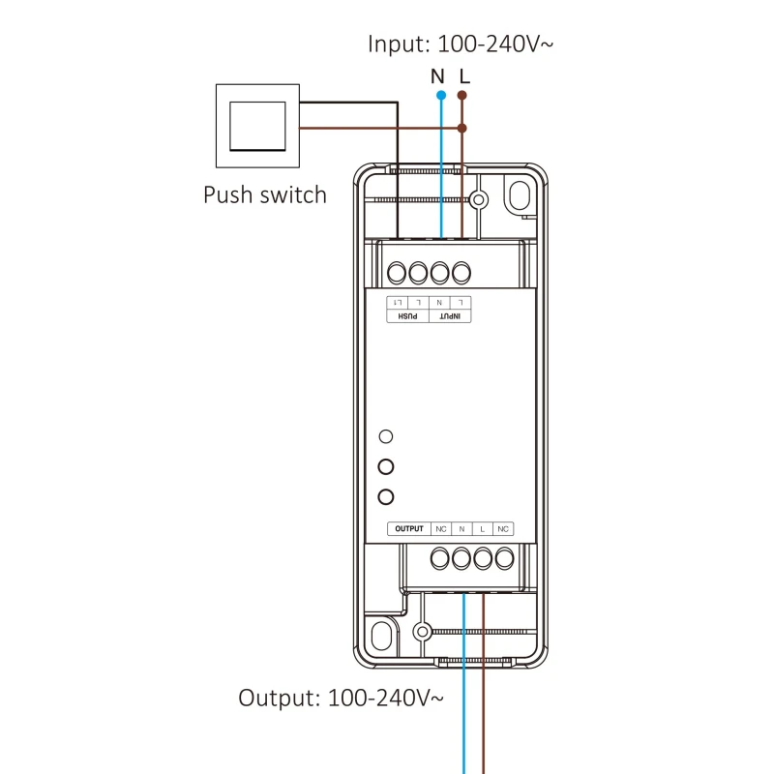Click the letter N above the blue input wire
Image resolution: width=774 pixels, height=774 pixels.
tap(437, 75)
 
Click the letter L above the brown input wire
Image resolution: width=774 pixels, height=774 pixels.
tap(464, 75)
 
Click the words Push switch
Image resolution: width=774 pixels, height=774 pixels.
tap(264, 194)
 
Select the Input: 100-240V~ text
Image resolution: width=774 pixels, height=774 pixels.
tap(461, 44)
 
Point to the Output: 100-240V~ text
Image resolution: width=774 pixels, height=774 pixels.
tap(342, 697)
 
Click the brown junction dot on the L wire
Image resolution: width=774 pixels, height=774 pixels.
tap(462, 127)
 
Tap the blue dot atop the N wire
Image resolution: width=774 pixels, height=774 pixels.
tap(441, 96)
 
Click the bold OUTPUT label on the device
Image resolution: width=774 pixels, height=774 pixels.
tap(409, 528)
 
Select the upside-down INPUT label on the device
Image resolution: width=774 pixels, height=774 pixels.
tap(450, 315)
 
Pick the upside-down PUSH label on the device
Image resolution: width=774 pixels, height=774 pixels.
tap(407, 315)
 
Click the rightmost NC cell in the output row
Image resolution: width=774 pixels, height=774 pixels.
tap(502, 528)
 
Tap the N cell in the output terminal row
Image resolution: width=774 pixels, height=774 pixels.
tap(461, 528)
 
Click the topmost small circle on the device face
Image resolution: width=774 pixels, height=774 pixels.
tap(386, 436)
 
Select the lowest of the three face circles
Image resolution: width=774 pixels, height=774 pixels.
tap(386, 497)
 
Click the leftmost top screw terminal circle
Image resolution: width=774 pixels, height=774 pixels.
tap(397, 271)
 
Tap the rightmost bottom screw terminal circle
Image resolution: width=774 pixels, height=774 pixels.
tap(503, 557)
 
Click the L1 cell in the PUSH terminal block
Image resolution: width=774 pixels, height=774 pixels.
tap(397, 303)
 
